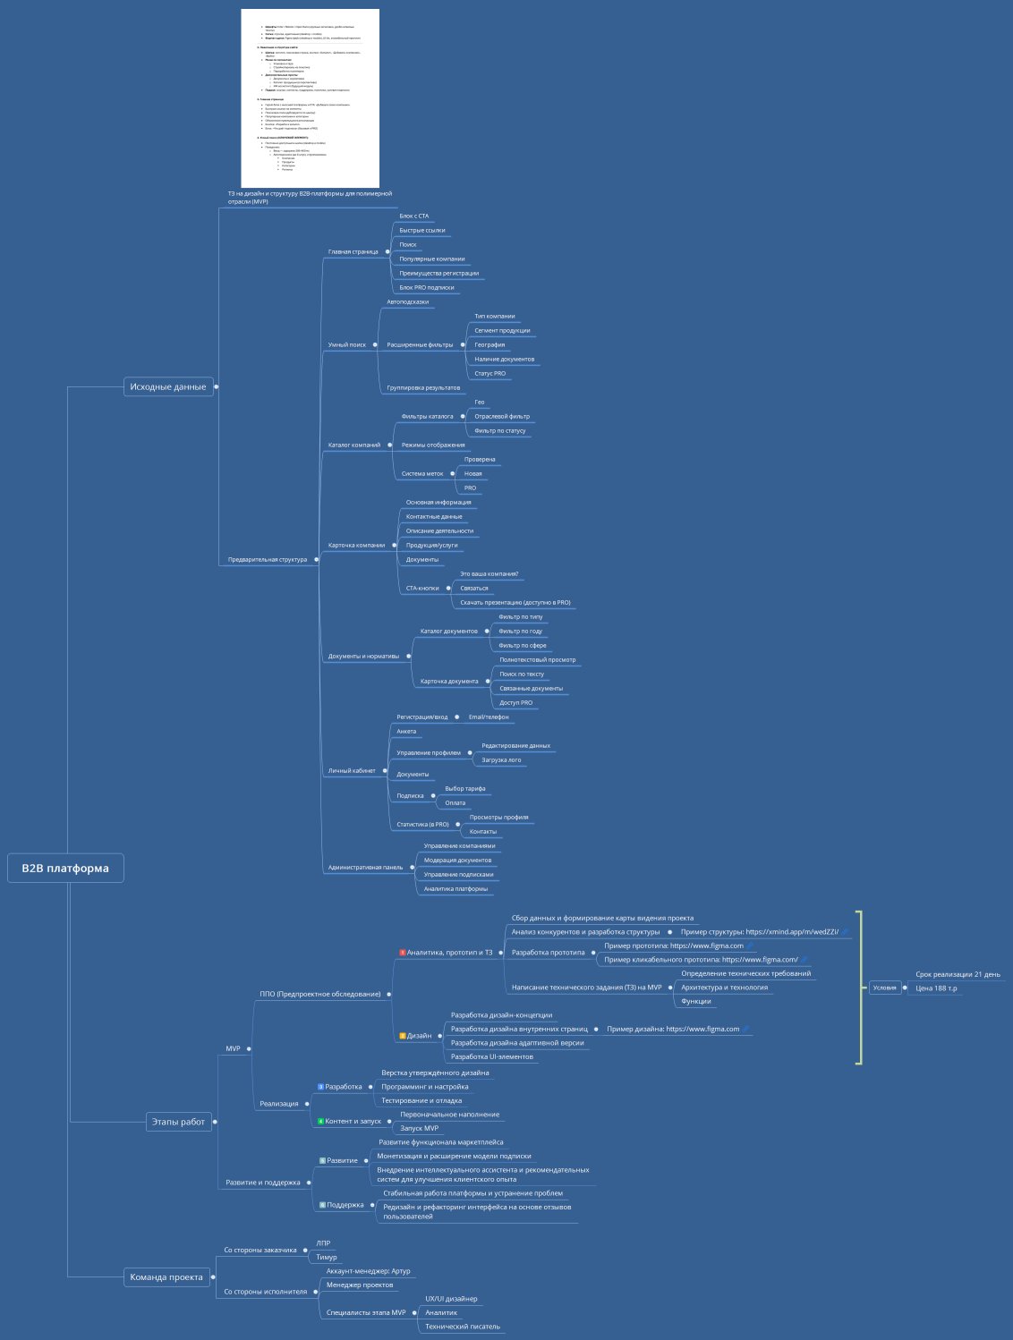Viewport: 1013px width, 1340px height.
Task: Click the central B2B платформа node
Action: [65, 868]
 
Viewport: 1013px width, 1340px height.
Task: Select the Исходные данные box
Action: [168, 386]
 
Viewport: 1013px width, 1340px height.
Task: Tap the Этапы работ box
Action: [179, 1122]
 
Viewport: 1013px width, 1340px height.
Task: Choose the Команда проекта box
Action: [166, 1277]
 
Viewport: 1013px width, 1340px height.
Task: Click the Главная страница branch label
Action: [353, 251]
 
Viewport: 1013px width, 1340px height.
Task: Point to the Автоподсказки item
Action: [407, 301]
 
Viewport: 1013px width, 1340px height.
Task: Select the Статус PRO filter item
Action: [489, 373]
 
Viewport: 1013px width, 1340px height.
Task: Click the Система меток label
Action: [421, 473]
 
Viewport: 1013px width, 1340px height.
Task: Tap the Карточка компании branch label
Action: [356, 545]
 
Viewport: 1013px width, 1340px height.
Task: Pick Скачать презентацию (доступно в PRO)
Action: [515, 602]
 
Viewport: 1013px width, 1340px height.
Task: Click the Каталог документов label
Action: [448, 631]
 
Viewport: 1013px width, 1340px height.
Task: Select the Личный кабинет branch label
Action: [352, 770]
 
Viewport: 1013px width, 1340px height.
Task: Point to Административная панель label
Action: [365, 867]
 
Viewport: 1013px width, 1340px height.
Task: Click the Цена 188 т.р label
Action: [936, 988]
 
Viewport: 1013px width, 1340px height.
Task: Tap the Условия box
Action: [884, 988]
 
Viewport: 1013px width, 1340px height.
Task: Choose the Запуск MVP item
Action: [419, 1128]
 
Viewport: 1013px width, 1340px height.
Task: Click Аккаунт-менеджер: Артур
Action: [368, 1271]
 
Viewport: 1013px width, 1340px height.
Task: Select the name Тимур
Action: [326, 1257]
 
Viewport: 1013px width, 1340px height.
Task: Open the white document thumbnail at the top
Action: [310, 98]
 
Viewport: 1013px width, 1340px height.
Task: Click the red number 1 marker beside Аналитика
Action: [402, 953]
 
